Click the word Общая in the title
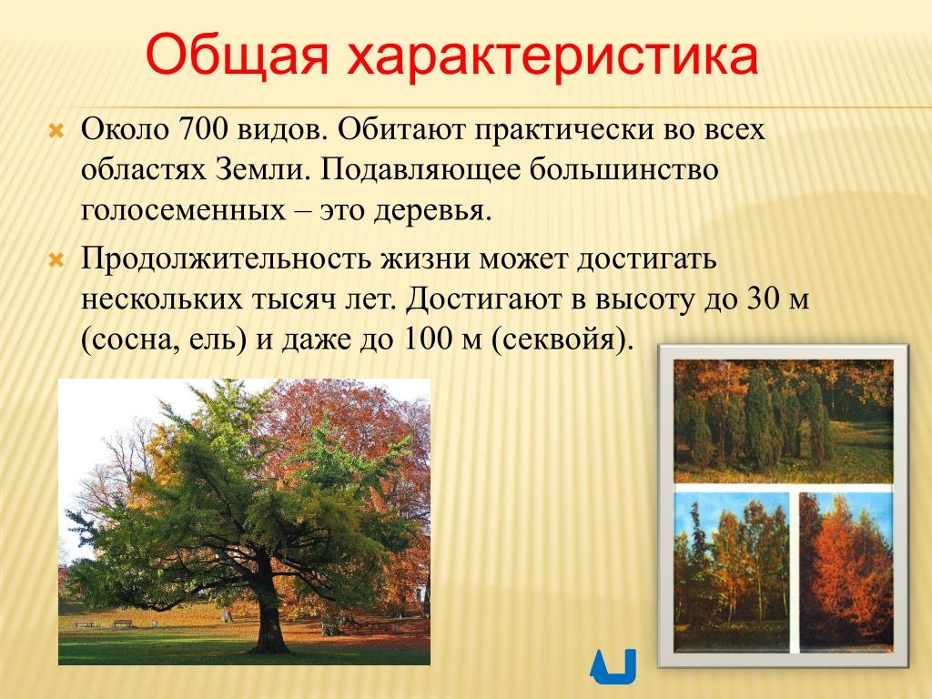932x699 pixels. pyautogui.click(x=238, y=56)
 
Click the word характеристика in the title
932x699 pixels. pyautogui.click(x=552, y=56)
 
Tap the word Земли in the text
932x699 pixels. pyautogui.click(x=263, y=169)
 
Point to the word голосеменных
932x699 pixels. pyautogui.click(x=183, y=210)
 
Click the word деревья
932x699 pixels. pyautogui.click(x=432, y=210)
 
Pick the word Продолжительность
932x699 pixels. pyautogui.click(x=226, y=258)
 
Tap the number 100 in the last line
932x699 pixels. pyautogui.click(x=430, y=339)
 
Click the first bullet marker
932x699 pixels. pyautogui.click(x=56, y=131)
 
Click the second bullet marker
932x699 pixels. pyautogui.click(x=56, y=260)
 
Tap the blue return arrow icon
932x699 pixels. pyautogui.click(x=613, y=666)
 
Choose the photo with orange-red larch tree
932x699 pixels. pyautogui.click(x=846, y=570)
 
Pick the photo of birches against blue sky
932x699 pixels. pyautogui.click(x=732, y=570)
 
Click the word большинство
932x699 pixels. pyautogui.click(x=624, y=169)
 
